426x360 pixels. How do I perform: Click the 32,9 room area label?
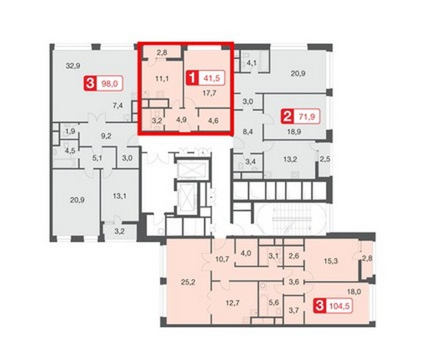point(72,66)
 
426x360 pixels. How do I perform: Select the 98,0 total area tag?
point(110,84)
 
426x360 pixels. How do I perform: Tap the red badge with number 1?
point(192,78)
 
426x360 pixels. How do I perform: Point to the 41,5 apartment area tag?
point(212,78)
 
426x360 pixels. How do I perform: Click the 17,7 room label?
point(209,93)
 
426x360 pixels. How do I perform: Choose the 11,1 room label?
point(162,79)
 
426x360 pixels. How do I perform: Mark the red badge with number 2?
point(287,117)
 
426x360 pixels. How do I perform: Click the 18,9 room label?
point(295,132)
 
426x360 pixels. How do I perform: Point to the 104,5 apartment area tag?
point(340,306)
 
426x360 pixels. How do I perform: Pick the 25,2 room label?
point(188,282)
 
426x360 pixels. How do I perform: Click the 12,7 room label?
point(232,302)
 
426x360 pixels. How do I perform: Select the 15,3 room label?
point(331,261)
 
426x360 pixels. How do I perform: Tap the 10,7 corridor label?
point(222,259)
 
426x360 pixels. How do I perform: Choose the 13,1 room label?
point(119,196)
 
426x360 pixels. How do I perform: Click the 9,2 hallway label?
point(106,136)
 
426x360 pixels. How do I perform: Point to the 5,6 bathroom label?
point(274,302)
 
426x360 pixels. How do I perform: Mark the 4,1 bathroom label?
point(251,63)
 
